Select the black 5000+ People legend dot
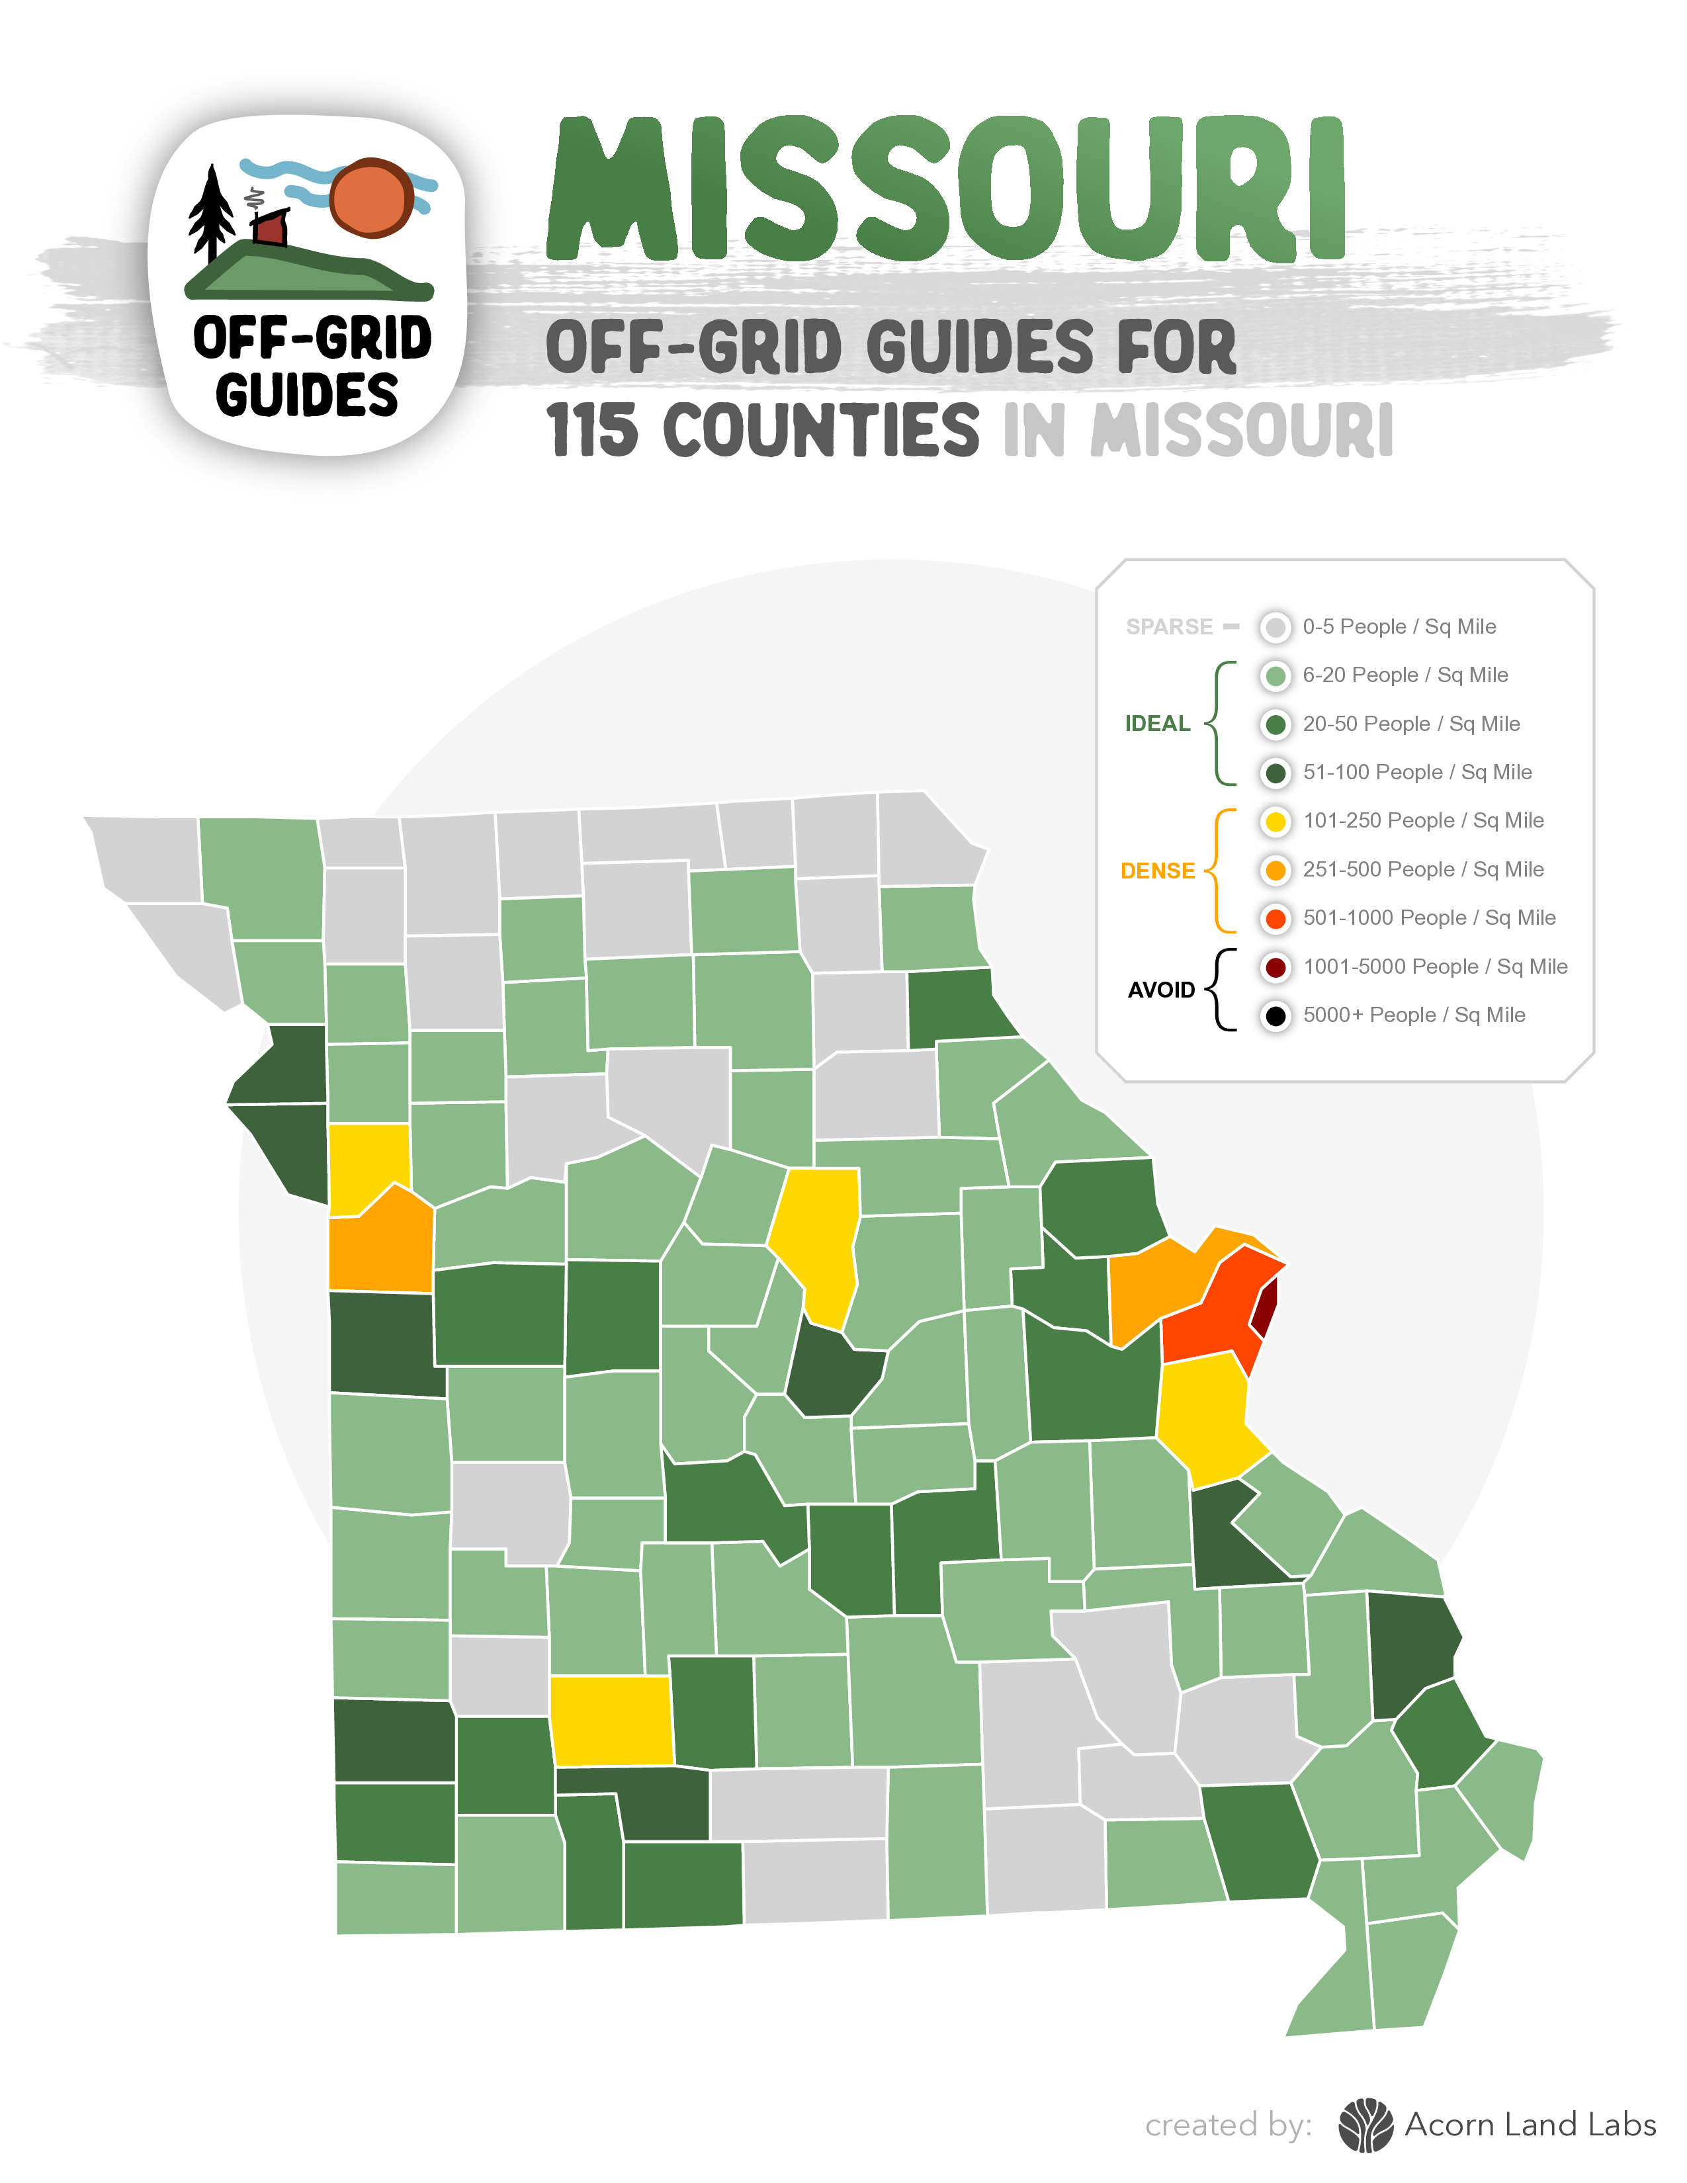(x=1276, y=1015)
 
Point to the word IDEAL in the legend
(x=1157, y=724)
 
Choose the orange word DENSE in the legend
(x=1157, y=871)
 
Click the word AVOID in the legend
(x=1160, y=990)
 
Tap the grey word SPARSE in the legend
(x=1168, y=626)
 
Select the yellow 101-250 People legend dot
(x=1276, y=822)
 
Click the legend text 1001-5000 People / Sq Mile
(x=1434, y=966)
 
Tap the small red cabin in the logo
(x=270, y=229)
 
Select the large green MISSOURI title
(x=945, y=190)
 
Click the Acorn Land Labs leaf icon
(x=1365, y=2124)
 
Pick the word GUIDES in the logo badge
(x=307, y=395)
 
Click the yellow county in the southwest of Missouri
(x=611, y=1719)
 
